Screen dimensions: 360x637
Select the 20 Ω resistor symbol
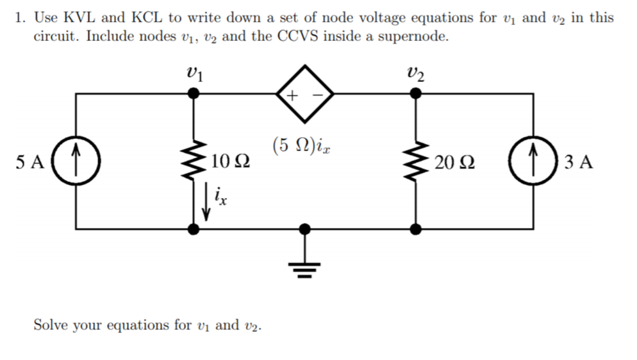(416, 161)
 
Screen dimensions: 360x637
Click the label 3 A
(580, 162)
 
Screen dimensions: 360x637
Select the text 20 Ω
(453, 162)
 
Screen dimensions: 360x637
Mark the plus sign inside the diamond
(292, 96)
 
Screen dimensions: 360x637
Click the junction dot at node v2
(416, 94)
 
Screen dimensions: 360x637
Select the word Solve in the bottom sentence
(51, 324)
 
